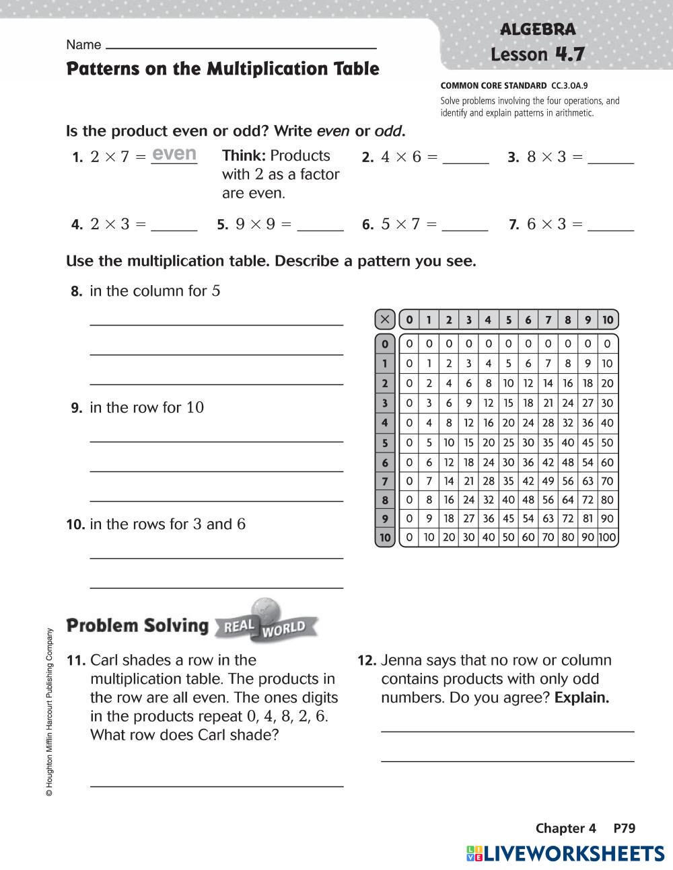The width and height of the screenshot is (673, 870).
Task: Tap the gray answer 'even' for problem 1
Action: click(x=174, y=154)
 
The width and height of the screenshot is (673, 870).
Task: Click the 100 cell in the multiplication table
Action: click(x=607, y=537)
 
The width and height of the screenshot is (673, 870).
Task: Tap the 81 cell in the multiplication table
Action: click(x=588, y=518)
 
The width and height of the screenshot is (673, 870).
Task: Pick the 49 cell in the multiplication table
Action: click(x=548, y=481)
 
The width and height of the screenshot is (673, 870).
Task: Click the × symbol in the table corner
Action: click(x=384, y=319)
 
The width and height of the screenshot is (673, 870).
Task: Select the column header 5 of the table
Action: click(x=508, y=319)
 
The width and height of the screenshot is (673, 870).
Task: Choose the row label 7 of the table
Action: click(x=384, y=481)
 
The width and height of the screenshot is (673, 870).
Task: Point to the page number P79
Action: click(x=624, y=828)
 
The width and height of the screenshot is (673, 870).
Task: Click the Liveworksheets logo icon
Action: click(x=474, y=854)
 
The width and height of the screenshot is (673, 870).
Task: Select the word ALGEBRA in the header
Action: click(x=538, y=30)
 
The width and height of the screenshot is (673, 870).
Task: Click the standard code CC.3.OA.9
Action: click(x=569, y=86)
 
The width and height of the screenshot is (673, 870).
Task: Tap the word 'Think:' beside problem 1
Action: click(x=244, y=156)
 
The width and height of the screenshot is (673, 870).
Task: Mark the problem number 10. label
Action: click(x=75, y=524)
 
